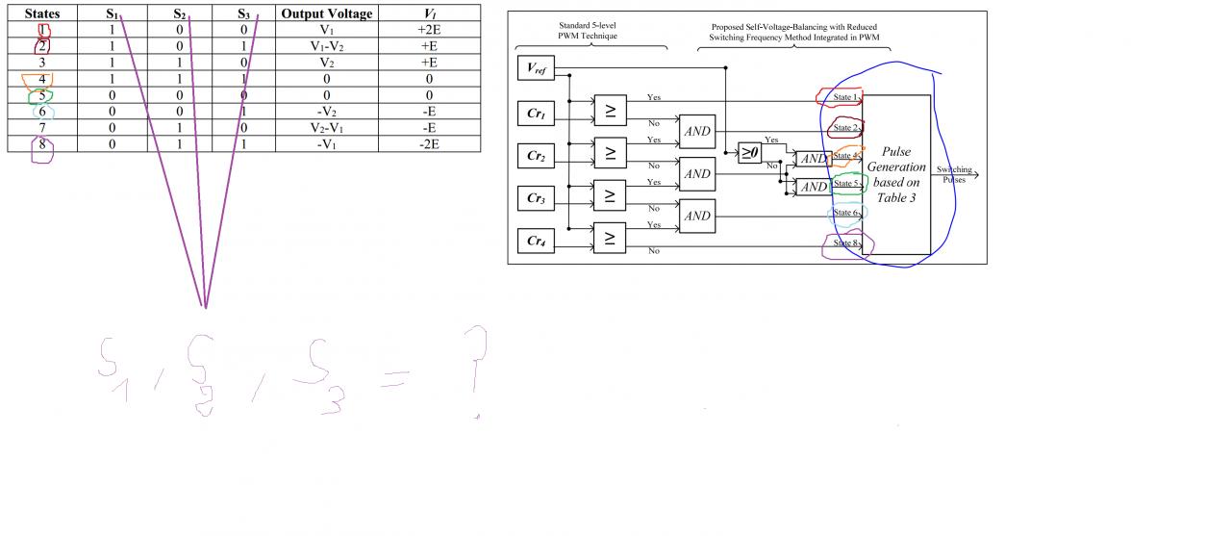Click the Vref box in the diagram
pos(536,68)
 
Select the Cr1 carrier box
pos(536,113)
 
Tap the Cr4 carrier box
pos(536,241)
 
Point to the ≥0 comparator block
pos(749,152)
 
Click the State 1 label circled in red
pos(845,97)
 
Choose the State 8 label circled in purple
pos(845,243)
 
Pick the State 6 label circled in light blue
pos(845,213)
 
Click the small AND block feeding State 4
pos(814,159)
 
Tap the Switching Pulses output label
pos(954,174)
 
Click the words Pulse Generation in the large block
pos(895,160)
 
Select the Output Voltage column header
pos(326,14)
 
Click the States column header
pos(41,14)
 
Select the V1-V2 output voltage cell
pos(326,46)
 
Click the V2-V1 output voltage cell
pos(326,128)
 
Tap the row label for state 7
pos(41,128)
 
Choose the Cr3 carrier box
pos(536,198)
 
